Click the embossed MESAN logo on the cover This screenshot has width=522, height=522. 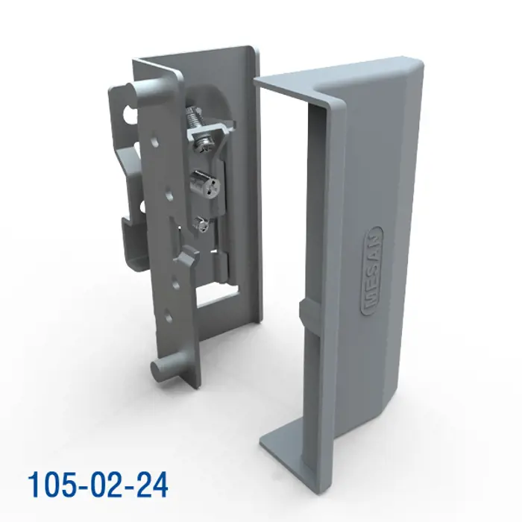point(371,271)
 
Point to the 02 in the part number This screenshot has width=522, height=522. point(105,485)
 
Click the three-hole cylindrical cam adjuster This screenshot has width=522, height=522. point(204,183)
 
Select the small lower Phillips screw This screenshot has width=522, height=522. point(202,224)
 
